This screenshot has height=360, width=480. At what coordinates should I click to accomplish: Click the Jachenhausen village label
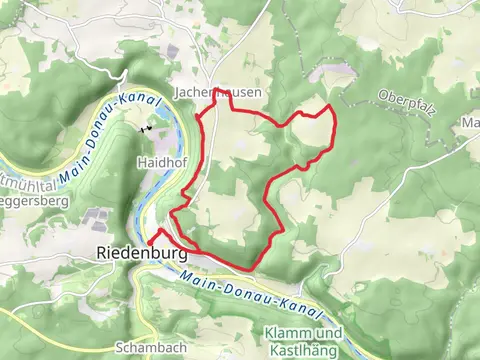pyautogui.click(x=218, y=91)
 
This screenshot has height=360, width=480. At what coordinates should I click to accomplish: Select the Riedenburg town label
pyautogui.click(x=142, y=254)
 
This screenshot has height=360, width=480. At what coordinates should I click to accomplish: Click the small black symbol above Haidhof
pyautogui.click(x=147, y=128)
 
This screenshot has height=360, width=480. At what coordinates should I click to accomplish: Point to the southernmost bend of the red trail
pyautogui.click(x=256, y=268)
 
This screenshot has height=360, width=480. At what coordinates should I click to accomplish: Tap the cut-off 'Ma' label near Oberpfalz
pyautogui.click(x=470, y=123)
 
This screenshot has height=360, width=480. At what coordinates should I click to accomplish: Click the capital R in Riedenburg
pyautogui.click(x=105, y=254)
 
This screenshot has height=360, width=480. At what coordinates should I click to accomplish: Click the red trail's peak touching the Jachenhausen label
pyautogui.click(x=220, y=88)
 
